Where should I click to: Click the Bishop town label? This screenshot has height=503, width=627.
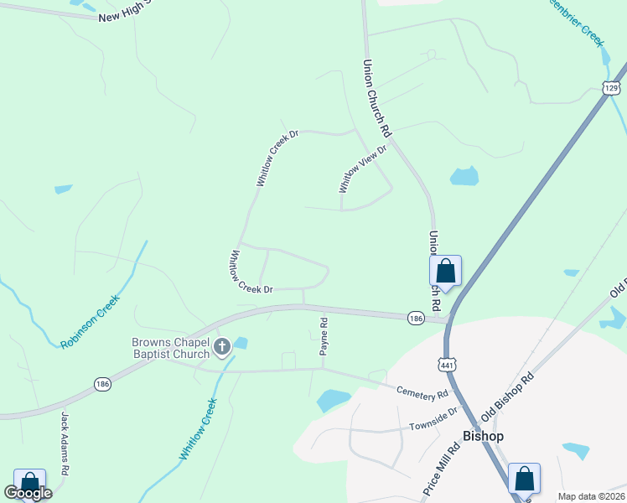483,436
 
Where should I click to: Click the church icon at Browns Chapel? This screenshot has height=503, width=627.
223,347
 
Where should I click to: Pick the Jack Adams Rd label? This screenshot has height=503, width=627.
65,443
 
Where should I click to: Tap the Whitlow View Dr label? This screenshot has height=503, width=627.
362,169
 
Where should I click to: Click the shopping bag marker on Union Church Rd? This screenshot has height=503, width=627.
445,272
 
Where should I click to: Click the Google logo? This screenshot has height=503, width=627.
28,493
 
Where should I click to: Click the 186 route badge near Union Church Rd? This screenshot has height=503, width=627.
416,318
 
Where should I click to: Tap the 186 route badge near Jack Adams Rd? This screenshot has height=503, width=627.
102,383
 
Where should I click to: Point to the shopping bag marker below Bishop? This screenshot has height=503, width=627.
524,480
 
